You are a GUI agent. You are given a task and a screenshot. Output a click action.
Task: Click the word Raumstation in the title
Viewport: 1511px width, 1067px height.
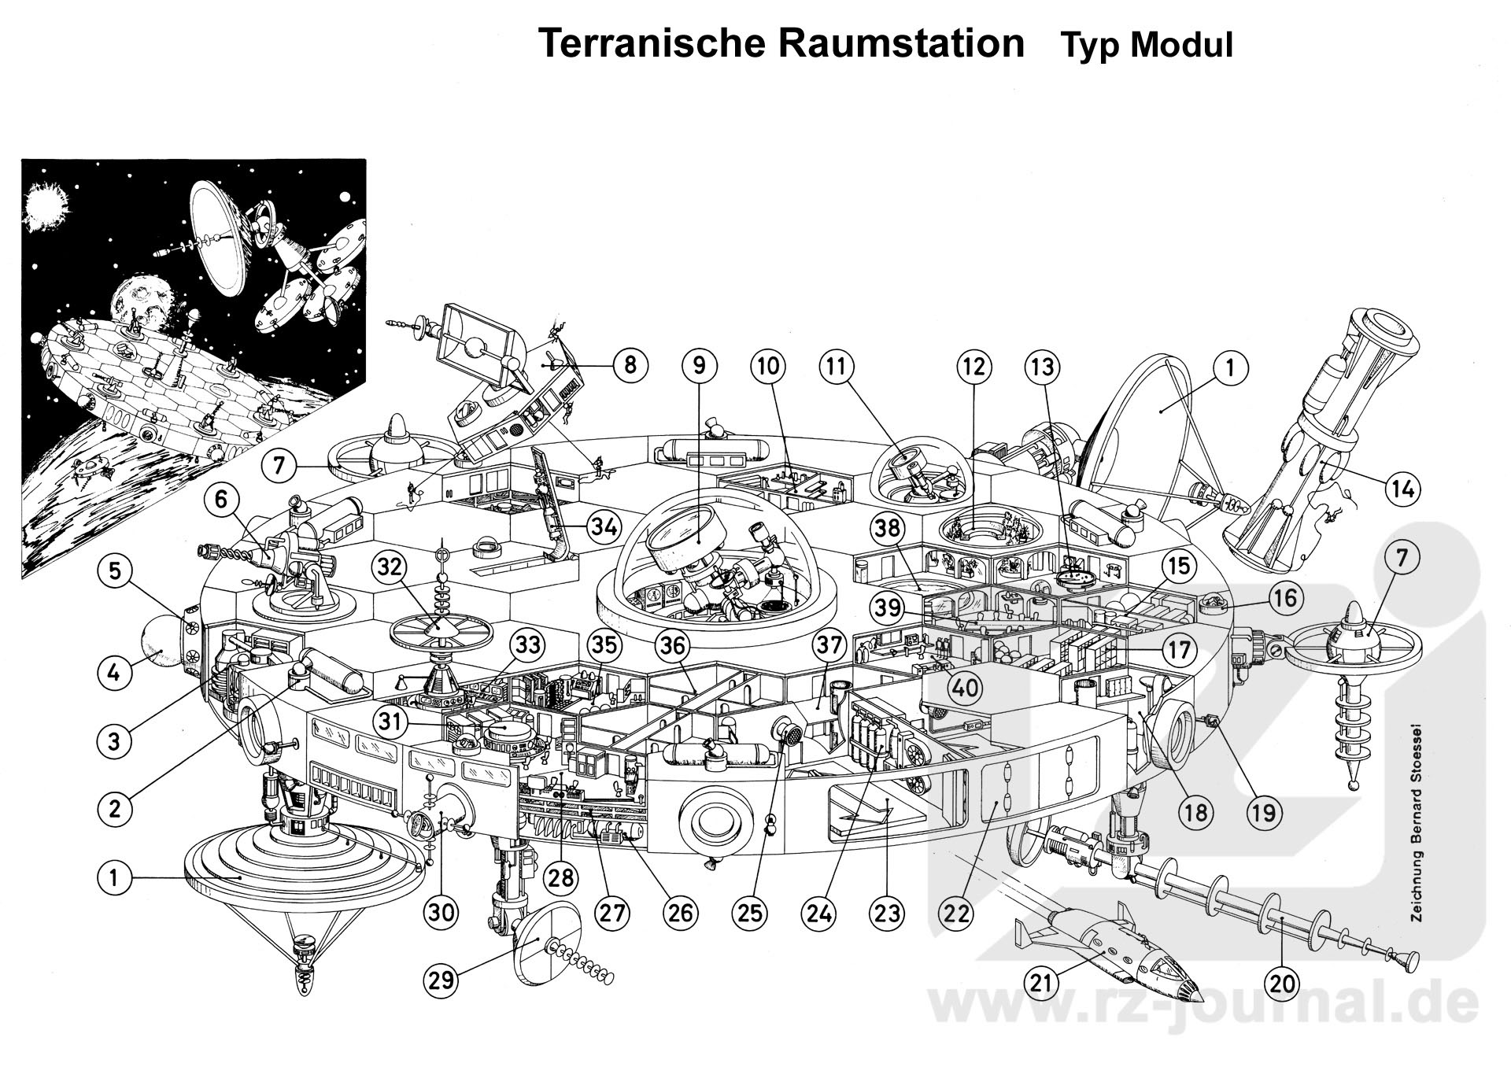pyautogui.click(x=902, y=44)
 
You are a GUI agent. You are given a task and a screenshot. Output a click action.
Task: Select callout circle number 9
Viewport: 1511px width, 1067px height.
pyautogui.click(x=700, y=366)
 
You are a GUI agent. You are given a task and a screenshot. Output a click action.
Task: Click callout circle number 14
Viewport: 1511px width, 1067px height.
pyautogui.click(x=1402, y=489)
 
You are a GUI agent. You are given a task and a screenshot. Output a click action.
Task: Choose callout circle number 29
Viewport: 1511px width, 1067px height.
pyautogui.click(x=441, y=980)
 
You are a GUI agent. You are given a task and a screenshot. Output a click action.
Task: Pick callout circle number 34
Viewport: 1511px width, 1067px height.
pyautogui.click(x=604, y=526)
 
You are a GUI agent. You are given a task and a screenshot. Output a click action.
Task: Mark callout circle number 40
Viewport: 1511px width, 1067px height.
pyautogui.click(x=965, y=688)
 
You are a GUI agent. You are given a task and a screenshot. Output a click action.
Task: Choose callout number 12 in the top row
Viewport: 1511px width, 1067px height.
pyautogui.click(x=973, y=366)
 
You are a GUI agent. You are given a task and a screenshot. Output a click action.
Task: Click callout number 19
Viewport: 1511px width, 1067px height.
pyautogui.click(x=1263, y=810)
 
